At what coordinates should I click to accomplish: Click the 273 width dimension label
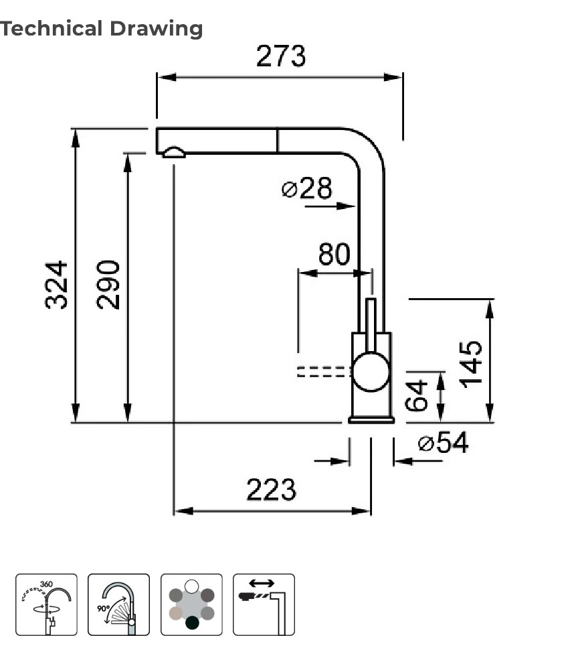[280, 56]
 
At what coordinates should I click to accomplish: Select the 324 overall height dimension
[57, 284]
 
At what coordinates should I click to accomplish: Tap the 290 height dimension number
[108, 284]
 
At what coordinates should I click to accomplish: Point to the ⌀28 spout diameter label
[307, 189]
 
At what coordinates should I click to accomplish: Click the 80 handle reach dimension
[334, 255]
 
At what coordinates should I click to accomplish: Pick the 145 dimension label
[472, 363]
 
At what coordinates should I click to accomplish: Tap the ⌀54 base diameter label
[443, 443]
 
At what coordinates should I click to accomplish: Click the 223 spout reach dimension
[271, 490]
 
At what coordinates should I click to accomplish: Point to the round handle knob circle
[371, 372]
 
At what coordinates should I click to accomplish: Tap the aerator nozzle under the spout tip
[174, 152]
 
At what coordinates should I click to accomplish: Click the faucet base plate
[371, 419]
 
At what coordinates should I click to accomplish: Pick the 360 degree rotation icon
[46, 604]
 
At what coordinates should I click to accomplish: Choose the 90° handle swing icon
[118, 604]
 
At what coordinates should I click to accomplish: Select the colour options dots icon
[191, 604]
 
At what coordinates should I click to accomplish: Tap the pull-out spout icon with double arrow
[264, 604]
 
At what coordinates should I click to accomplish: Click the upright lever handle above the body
[371, 323]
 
